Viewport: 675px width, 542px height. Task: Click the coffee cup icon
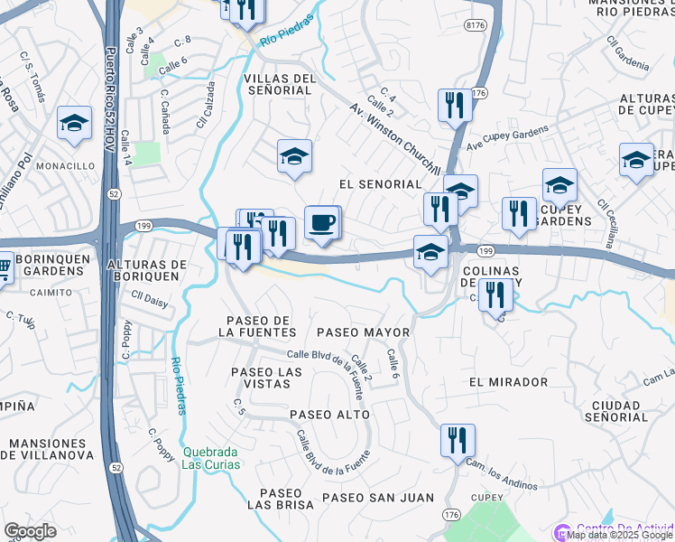[x=323, y=222]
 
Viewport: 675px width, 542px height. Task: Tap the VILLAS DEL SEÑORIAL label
[x=280, y=85]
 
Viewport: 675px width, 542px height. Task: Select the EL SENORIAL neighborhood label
[x=380, y=184]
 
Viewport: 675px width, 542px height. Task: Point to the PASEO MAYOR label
[x=364, y=332]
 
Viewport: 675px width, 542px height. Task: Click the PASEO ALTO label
[x=329, y=415]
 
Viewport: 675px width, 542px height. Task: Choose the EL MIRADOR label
[x=508, y=382]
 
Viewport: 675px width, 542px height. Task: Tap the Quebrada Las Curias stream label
[x=211, y=458]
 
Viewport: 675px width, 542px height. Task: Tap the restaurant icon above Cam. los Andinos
[x=458, y=441]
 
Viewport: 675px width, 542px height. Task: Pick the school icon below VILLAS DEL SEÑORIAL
[x=294, y=157]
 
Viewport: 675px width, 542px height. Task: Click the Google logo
[x=30, y=531]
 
